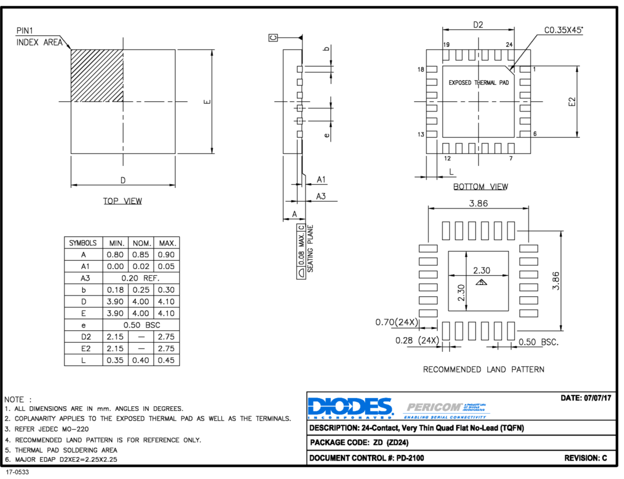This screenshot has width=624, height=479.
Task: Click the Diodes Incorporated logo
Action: (x=350, y=408)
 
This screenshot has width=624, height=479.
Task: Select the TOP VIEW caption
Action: (x=122, y=201)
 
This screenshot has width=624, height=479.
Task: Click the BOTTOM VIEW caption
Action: (x=480, y=187)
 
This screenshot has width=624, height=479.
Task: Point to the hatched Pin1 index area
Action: (x=97, y=76)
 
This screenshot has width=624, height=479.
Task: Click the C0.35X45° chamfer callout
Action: (x=563, y=30)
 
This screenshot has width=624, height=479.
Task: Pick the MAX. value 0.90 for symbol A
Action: (x=166, y=255)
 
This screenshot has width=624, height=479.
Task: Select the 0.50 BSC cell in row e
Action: (x=141, y=325)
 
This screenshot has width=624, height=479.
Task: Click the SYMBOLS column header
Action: (x=83, y=243)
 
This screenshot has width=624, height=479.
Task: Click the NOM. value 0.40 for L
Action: (x=141, y=360)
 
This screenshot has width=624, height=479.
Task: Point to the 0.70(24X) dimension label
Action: (x=396, y=322)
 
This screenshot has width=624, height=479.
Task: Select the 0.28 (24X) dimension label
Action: (x=417, y=341)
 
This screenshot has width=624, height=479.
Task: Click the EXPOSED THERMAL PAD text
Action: (x=478, y=83)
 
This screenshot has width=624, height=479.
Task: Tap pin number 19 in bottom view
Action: (x=446, y=44)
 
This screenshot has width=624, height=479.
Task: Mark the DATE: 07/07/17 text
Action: (x=586, y=398)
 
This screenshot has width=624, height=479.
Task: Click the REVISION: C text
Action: (x=585, y=458)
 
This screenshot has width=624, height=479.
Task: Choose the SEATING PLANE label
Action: (x=310, y=249)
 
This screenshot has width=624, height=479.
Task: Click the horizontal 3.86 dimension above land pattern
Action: (x=478, y=203)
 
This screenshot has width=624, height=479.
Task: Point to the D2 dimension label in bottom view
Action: (x=478, y=25)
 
